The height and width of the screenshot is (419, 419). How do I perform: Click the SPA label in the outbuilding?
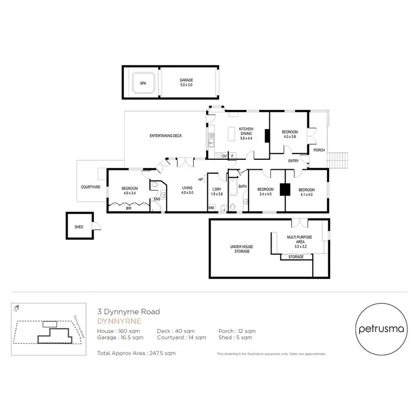(143, 84)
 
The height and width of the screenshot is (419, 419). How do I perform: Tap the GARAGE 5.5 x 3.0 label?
(186, 82)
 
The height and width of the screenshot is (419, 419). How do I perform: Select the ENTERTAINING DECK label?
(166, 136)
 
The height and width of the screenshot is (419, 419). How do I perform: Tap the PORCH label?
(318, 150)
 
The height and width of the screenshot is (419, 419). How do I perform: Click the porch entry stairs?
(338, 160)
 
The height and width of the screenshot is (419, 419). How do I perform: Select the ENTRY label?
(293, 161)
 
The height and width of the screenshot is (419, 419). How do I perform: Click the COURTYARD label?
(90, 187)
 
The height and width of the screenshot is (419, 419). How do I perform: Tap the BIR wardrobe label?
(128, 208)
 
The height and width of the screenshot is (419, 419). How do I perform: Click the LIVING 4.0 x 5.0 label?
(187, 190)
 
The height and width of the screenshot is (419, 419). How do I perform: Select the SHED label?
(79, 227)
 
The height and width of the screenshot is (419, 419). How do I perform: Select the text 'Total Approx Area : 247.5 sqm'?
(137, 354)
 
